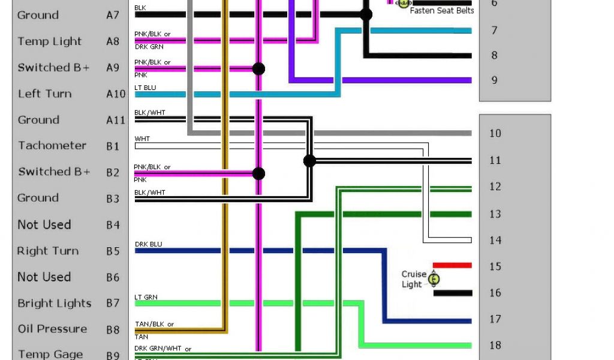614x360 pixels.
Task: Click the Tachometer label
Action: (x=52, y=146)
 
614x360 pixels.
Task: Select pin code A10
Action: (x=116, y=94)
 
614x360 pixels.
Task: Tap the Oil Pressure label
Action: (x=52, y=329)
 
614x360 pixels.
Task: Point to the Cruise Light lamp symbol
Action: (x=435, y=279)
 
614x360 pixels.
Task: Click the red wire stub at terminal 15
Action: (x=452, y=265)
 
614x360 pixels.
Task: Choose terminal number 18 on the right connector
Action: (x=495, y=345)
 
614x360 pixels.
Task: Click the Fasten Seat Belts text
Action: (x=441, y=10)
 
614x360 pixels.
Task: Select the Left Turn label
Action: (x=44, y=94)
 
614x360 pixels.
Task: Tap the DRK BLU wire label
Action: (x=148, y=244)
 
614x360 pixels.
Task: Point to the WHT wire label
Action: (x=142, y=139)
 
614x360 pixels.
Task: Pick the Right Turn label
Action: (x=48, y=251)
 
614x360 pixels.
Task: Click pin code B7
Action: (x=113, y=304)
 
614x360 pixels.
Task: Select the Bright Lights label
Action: (x=55, y=304)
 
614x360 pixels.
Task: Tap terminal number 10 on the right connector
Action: (x=495, y=133)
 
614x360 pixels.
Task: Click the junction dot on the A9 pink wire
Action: (x=258, y=68)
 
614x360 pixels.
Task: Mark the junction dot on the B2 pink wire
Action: (x=258, y=173)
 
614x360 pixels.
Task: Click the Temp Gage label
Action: (x=50, y=354)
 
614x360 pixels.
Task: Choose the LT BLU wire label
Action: (x=145, y=88)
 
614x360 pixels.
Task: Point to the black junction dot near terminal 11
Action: (x=309, y=160)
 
